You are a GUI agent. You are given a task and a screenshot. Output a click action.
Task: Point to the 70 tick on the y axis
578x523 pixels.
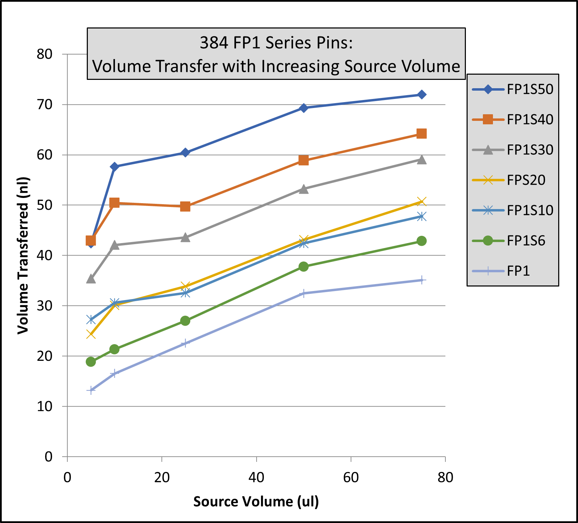(44, 104)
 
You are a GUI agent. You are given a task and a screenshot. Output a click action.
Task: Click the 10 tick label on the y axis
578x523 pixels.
(44, 406)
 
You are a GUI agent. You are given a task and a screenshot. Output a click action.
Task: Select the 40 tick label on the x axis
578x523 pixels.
(256, 478)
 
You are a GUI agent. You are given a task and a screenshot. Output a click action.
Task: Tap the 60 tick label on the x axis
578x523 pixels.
(351, 478)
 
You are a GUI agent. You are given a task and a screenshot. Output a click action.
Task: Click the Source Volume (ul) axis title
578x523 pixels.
(256, 502)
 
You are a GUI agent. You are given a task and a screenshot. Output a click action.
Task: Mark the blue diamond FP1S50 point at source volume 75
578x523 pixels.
(421, 95)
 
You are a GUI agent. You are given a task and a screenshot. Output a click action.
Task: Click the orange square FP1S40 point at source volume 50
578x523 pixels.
(303, 160)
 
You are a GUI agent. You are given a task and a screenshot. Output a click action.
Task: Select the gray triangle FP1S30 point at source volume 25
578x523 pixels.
(185, 238)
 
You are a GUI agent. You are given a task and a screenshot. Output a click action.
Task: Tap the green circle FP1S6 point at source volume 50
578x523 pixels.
(303, 267)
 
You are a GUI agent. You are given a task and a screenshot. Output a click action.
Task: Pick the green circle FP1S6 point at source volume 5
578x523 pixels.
(91, 362)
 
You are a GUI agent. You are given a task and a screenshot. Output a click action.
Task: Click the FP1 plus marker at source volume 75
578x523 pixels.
(421, 280)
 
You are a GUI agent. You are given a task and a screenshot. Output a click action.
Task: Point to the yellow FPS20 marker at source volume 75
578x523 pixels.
(421, 201)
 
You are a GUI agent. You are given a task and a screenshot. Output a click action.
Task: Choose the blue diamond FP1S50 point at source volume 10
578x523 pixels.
(114, 167)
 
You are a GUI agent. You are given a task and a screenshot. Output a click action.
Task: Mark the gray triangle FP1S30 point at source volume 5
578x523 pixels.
(91, 279)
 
